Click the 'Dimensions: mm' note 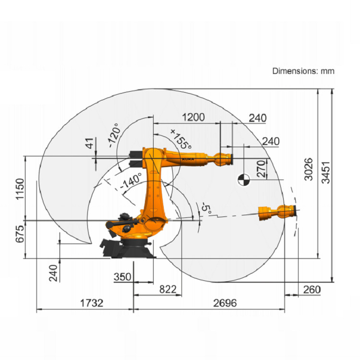(x=303, y=71)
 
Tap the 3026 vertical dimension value (x=309, y=169)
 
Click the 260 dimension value (x=312, y=289)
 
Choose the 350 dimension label (x=122, y=277)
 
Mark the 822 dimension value (x=167, y=289)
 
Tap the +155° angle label (x=180, y=138)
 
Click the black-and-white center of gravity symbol (x=243, y=180)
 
